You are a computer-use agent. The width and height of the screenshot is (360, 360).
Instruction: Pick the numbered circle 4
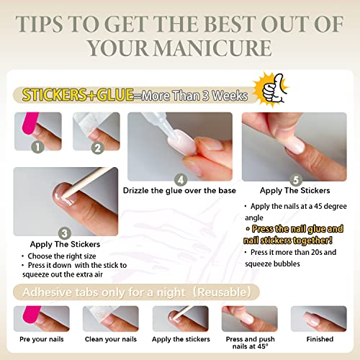point(181,179)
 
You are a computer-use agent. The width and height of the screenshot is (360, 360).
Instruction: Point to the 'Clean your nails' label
point(109,338)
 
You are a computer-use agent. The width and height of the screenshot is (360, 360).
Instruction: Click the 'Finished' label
point(319,338)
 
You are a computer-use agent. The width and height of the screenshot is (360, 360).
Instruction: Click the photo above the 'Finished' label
point(319,318)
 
